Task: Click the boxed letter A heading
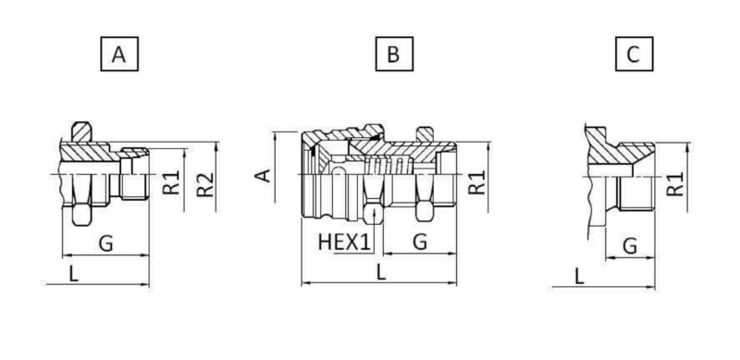click(119, 54)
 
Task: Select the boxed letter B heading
click(394, 54)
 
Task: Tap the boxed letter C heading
click(635, 54)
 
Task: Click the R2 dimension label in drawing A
click(205, 185)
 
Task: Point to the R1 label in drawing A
click(171, 182)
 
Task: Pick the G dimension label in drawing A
click(106, 243)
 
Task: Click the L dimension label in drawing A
click(74, 274)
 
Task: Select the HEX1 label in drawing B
click(344, 242)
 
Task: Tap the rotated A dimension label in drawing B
click(264, 175)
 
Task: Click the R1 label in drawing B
click(477, 182)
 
